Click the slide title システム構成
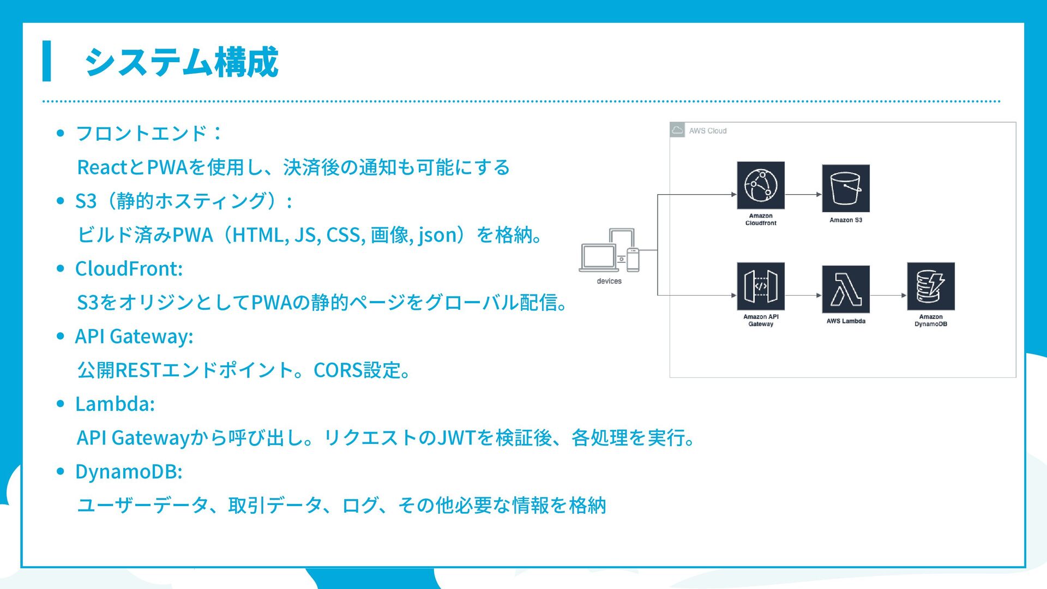(x=181, y=62)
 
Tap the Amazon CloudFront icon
(x=760, y=185)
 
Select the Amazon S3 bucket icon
(x=845, y=189)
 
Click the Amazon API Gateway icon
(x=760, y=286)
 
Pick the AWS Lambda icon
(x=845, y=289)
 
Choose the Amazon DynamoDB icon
(x=930, y=286)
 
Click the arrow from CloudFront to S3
(x=803, y=194)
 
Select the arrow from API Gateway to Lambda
(x=803, y=295)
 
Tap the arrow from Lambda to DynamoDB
(x=888, y=295)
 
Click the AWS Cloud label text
(x=707, y=131)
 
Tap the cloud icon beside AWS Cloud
(x=677, y=130)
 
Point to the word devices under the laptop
(x=609, y=281)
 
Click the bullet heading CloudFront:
(x=129, y=269)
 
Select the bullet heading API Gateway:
(x=134, y=336)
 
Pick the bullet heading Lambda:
(x=115, y=404)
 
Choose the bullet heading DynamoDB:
(x=129, y=472)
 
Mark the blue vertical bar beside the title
(x=47, y=61)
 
